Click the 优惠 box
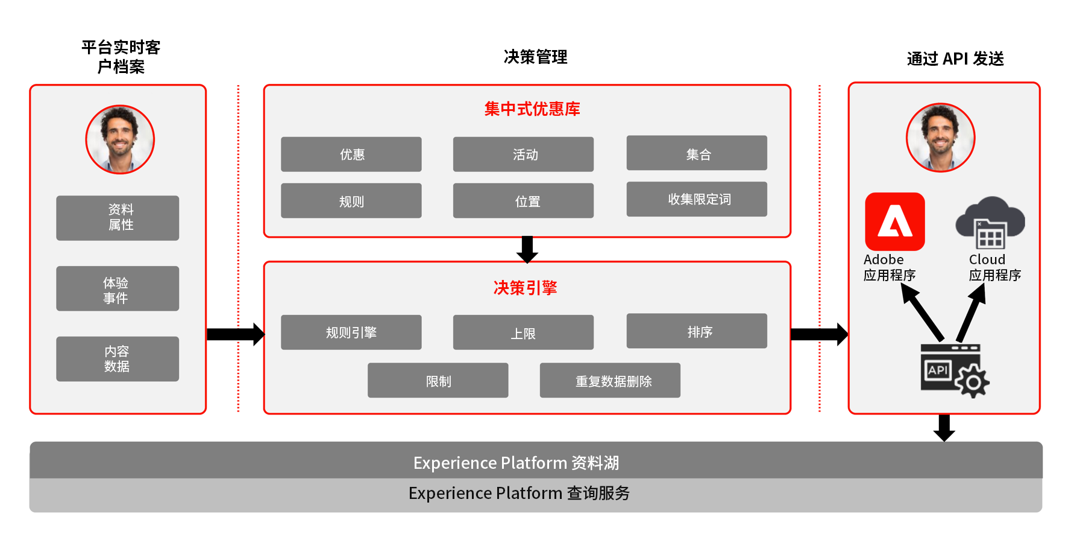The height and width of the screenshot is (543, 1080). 351,154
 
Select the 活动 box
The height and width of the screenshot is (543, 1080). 523,154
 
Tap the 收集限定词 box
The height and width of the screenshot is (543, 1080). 697,199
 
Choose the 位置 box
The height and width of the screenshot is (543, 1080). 523,201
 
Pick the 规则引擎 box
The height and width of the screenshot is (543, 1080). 351,332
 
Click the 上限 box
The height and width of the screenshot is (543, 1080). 523,332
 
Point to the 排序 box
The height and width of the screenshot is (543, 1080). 697,331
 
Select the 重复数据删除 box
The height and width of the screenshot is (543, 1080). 610,381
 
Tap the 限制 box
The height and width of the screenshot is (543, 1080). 438,381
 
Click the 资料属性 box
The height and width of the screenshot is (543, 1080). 118,218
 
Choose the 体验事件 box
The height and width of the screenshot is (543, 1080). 118,288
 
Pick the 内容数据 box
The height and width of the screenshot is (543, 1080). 118,359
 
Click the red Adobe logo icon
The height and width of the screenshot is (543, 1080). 894,221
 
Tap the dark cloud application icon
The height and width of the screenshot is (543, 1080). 990,223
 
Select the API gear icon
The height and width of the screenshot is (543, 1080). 954,370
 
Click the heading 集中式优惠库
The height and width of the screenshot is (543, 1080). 532,109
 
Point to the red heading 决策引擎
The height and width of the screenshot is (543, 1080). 525,288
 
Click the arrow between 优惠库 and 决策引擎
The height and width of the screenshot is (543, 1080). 527,249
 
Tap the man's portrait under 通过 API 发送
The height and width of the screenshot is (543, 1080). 940,138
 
